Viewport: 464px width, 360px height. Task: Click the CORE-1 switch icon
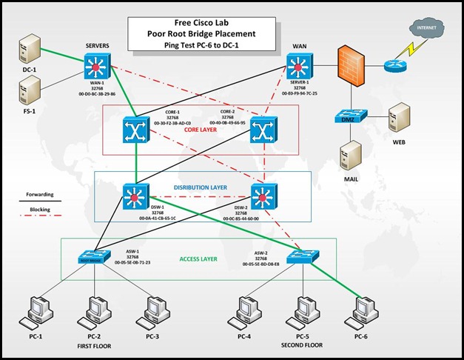click(x=135, y=132)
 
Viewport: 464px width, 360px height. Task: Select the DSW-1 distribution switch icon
click(x=135, y=197)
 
